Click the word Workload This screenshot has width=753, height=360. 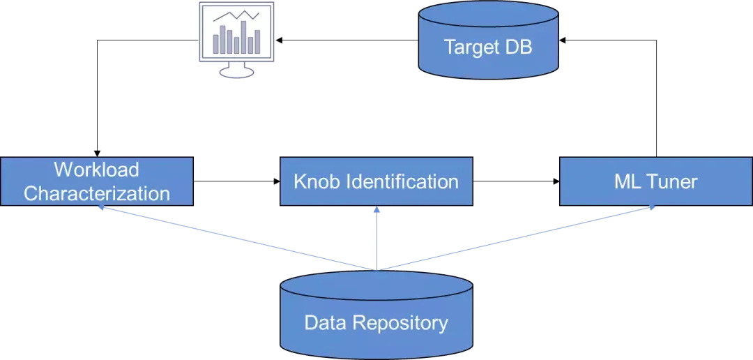(x=97, y=170)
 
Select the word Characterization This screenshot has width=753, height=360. (x=97, y=193)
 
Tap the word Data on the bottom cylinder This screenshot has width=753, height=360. (x=325, y=323)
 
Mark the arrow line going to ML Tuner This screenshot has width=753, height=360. (x=516, y=237)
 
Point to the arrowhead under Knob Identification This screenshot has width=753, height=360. (x=376, y=210)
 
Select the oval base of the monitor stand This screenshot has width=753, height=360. (x=236, y=71)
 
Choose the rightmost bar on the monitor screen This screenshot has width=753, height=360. (x=257, y=41)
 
